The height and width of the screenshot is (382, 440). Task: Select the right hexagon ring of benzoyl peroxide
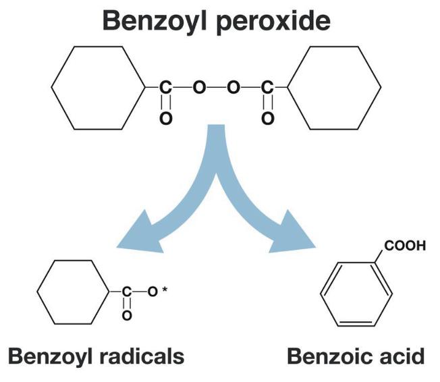coord(335,88)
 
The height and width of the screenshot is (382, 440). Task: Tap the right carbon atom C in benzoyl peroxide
coord(269,88)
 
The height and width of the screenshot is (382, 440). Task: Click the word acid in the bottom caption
coord(402,357)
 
